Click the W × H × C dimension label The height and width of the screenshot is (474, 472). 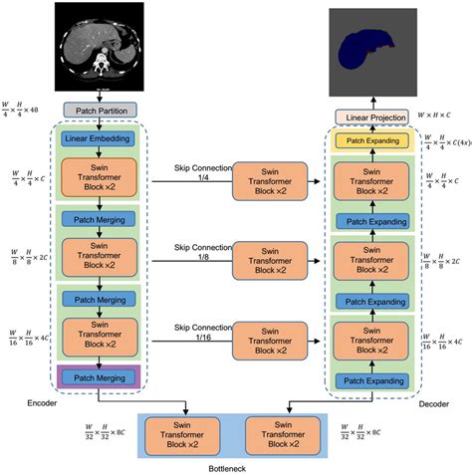pyautogui.click(x=436, y=117)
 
